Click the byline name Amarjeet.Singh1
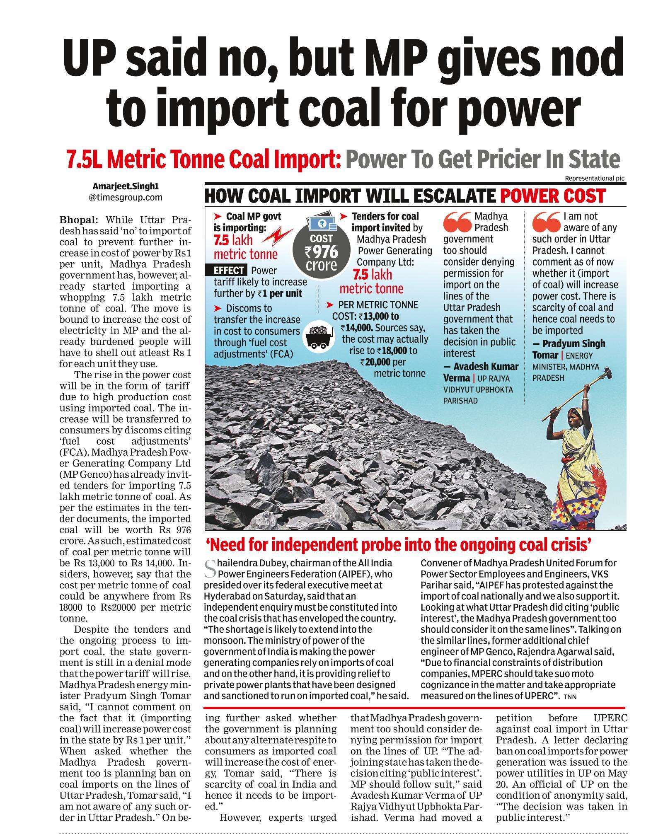(125, 187)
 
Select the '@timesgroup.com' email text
(125, 198)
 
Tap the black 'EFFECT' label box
(229, 271)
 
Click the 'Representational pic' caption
(594, 179)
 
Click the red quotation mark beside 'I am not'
(546, 222)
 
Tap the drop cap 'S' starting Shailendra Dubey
(210, 569)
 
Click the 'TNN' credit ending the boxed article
(570, 696)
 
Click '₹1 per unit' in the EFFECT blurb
(280, 294)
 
